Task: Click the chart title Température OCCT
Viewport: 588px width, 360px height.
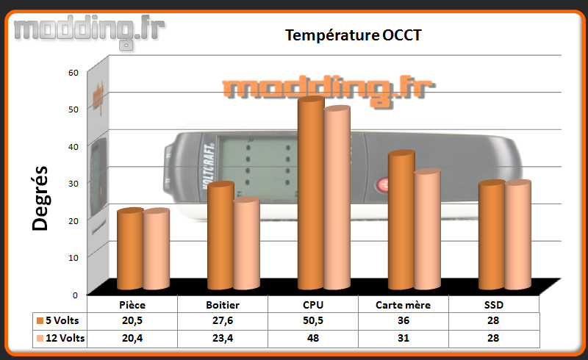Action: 354,35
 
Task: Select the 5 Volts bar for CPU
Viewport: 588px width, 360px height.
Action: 311,192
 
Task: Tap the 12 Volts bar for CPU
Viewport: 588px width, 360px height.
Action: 337,198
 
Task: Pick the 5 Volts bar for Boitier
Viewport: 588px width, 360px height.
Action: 220,236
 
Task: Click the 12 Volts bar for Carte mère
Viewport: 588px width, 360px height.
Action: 428,229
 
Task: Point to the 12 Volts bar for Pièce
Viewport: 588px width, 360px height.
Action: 157,249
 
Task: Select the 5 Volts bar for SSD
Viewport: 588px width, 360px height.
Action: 492,235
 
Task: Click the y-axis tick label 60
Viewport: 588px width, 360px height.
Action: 73,73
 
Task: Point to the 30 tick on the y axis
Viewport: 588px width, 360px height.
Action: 73,184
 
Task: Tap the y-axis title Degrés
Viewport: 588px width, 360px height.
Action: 40,198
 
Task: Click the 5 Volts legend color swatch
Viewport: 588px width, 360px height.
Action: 40,321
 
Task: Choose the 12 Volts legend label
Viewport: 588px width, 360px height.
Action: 65,338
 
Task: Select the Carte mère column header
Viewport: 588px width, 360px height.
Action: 403,305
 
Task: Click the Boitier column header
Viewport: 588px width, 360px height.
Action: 223,305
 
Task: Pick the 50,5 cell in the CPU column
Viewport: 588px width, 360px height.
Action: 313,321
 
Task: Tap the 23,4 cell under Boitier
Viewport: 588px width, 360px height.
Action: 223,338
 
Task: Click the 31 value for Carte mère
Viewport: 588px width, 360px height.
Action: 403,338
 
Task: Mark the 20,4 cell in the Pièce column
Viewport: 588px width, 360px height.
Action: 132,338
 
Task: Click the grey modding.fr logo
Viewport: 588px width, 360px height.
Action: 89,32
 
